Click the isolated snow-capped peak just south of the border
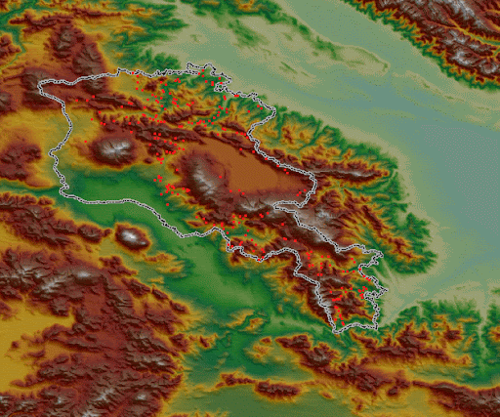coord(132,235)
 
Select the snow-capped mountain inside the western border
coord(116,148)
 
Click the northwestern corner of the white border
coord(40,84)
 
